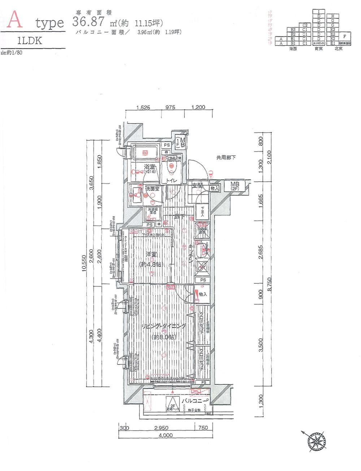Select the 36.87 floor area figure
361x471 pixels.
pyautogui.click(x=88, y=22)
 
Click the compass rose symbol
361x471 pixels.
pyautogui.click(x=317, y=441)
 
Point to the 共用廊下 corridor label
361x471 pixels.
pyautogui.click(x=226, y=157)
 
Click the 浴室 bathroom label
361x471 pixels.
pyautogui.click(x=149, y=167)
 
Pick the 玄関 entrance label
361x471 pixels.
pyautogui.click(x=197, y=186)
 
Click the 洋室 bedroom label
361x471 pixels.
pyautogui.click(x=151, y=255)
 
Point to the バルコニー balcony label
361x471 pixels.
pyautogui.click(x=195, y=401)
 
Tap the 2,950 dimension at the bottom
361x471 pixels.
pyautogui.click(x=161, y=428)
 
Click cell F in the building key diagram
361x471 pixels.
pyautogui.click(x=344, y=36)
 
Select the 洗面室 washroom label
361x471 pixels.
pyautogui.click(x=152, y=189)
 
